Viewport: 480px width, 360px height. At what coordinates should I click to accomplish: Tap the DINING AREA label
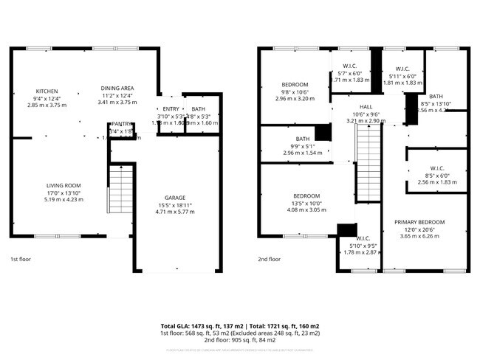(117, 89)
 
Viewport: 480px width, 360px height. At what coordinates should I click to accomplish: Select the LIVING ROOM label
(62, 185)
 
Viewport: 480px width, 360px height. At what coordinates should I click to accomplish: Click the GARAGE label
(175, 206)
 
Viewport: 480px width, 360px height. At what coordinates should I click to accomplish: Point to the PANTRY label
(122, 124)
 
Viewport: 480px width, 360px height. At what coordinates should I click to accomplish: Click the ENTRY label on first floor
(171, 109)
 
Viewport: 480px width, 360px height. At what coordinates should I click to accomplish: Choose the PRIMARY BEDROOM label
(419, 222)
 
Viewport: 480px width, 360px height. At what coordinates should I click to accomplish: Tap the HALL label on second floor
(366, 107)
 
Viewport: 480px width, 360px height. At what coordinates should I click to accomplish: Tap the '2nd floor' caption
(270, 259)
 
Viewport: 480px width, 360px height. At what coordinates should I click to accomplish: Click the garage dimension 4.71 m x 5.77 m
(175, 212)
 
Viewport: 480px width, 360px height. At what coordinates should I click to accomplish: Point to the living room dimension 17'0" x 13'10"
(62, 193)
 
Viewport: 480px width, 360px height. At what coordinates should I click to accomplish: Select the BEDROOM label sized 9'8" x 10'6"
(295, 85)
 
